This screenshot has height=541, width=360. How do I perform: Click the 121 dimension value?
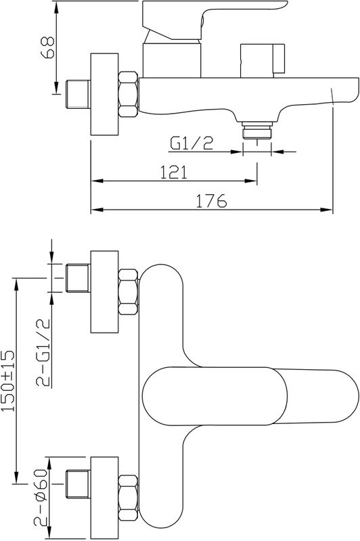[175, 172]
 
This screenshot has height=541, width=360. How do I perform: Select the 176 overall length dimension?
[211, 201]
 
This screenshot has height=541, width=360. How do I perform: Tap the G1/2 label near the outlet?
[192, 143]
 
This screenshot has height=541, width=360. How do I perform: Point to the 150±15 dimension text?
[8, 381]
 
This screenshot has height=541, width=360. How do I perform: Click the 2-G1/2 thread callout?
[44, 352]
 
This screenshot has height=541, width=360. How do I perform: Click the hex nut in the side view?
[128, 94]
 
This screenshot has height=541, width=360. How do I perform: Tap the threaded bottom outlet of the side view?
[256, 130]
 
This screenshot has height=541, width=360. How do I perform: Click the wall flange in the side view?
[104, 94]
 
